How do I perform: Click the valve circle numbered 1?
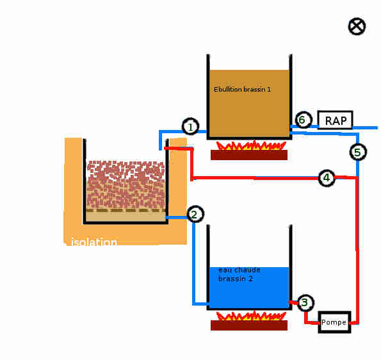click(x=191, y=126)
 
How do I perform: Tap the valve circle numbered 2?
click(x=195, y=214)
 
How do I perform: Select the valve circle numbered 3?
click(x=305, y=303)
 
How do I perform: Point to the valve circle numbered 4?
click(x=327, y=178)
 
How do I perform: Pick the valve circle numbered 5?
click(x=358, y=152)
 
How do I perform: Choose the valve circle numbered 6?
click(x=304, y=120)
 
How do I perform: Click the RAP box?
click(x=336, y=120)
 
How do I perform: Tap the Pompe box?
click(x=335, y=322)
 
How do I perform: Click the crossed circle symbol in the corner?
click(x=357, y=26)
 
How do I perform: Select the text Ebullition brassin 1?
click(x=242, y=90)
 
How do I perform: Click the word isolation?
click(x=94, y=242)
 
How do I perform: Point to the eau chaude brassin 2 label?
click(x=239, y=274)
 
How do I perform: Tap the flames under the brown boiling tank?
click(x=251, y=145)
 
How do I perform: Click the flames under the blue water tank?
click(x=251, y=315)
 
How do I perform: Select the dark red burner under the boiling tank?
click(x=249, y=155)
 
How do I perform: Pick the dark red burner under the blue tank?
click(x=249, y=325)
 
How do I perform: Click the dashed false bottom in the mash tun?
click(x=126, y=210)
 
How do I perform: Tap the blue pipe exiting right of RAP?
click(x=365, y=127)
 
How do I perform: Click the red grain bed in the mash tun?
click(x=126, y=184)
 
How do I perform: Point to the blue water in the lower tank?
click(x=249, y=288)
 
